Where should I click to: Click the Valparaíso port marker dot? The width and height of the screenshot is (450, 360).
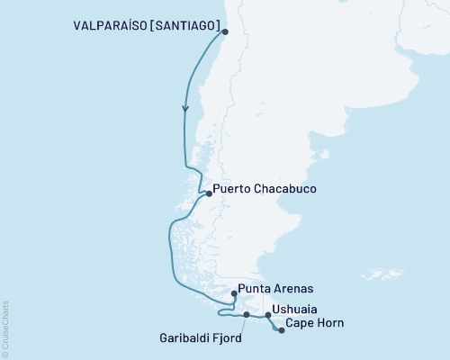[225, 33]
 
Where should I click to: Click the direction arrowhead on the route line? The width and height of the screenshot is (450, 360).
[186, 108]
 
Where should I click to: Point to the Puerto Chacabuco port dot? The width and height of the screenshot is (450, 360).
[208, 193]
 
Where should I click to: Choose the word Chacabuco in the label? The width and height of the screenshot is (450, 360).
[285, 191]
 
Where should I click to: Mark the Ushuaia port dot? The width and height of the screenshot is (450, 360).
[267, 315]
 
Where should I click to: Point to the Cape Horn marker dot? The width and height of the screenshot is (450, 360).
[282, 330]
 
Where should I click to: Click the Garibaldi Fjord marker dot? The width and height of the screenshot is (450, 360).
[246, 315]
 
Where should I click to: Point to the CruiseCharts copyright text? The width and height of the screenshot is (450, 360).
[5, 328]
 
